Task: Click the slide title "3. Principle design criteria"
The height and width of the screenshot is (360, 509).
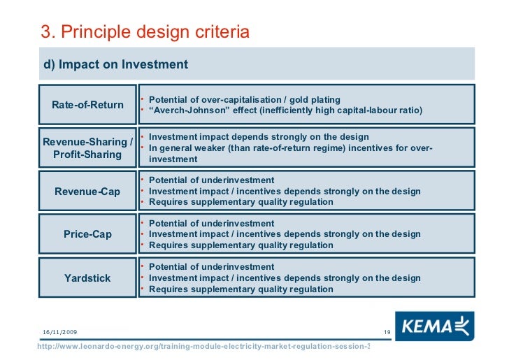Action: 145,32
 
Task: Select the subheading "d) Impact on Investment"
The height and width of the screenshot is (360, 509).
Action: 116,64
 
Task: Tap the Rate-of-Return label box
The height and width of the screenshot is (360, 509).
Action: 87,105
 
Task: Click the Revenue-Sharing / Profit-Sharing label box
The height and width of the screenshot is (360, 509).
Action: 87,148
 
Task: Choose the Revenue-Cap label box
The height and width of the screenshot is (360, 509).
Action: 87,192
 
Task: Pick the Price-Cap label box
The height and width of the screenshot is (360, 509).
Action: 87,235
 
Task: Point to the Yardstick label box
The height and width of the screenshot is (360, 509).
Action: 87,278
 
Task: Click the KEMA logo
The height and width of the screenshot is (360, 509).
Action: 433,327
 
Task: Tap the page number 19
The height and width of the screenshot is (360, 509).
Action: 386,331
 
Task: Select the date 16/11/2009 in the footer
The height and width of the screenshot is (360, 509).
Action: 60,331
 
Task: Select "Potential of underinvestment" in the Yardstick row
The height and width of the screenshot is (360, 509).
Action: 212,267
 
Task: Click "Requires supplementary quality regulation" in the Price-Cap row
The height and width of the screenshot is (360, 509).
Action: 241,245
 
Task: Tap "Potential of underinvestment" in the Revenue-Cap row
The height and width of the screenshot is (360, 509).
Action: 212,180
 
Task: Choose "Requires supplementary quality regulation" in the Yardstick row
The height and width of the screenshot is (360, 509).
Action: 241,289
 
